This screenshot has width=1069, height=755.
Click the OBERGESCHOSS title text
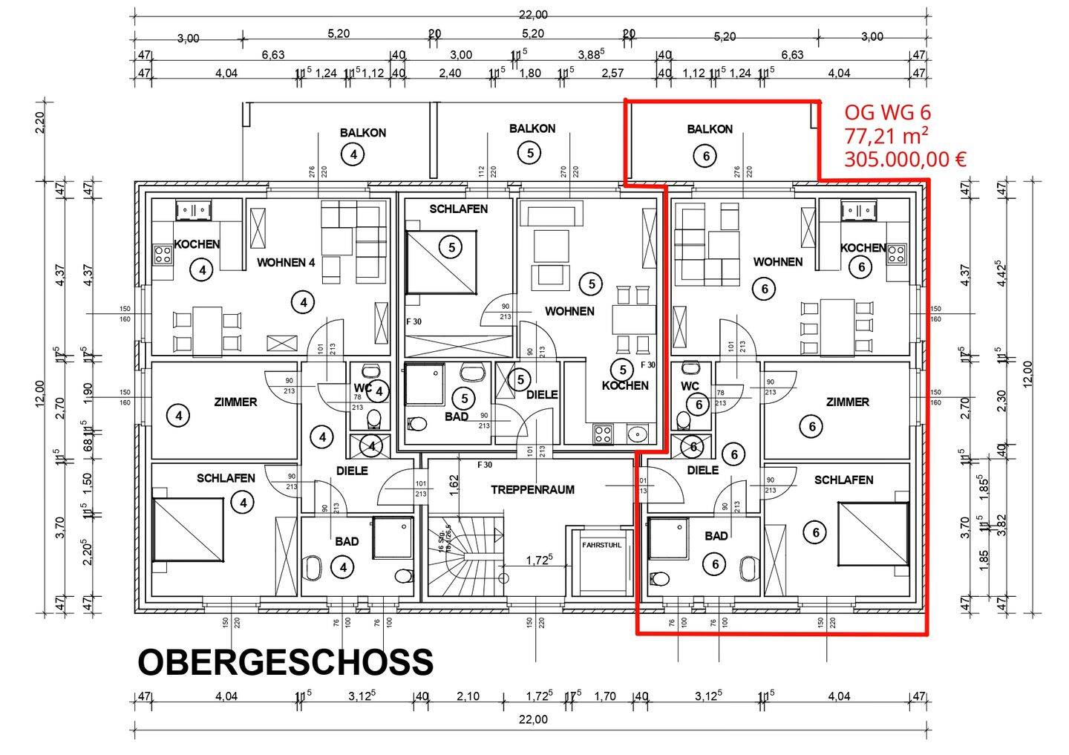(x=285, y=662)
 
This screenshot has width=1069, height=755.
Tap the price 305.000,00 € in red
(x=905, y=160)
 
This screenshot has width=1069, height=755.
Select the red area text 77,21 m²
(x=886, y=136)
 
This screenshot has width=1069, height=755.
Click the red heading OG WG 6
(x=887, y=112)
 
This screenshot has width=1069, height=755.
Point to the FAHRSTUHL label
(x=602, y=544)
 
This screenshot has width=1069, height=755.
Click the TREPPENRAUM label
(x=532, y=490)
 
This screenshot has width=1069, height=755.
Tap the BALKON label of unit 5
(x=532, y=128)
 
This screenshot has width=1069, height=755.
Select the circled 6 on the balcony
(x=705, y=156)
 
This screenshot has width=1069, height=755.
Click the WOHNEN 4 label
(x=286, y=262)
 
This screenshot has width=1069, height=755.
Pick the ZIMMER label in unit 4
(x=235, y=402)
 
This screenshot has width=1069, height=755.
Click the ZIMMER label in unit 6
(x=847, y=402)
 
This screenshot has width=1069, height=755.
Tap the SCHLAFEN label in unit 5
(x=458, y=209)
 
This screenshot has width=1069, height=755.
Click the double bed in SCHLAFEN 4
(x=188, y=530)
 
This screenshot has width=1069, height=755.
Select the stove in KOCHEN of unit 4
(x=163, y=255)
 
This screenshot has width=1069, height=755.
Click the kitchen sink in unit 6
(x=861, y=211)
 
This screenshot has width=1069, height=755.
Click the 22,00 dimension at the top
(x=532, y=14)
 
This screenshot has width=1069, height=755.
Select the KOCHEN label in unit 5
(x=625, y=385)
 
